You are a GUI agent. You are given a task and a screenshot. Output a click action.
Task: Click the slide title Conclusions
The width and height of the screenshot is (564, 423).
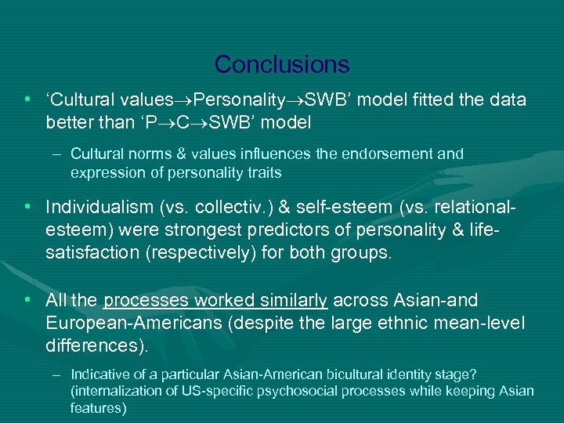[x=282, y=63]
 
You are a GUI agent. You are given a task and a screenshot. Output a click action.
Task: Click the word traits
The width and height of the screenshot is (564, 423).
[x=261, y=172]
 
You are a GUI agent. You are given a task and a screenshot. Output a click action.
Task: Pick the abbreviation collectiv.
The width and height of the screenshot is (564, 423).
[x=226, y=207]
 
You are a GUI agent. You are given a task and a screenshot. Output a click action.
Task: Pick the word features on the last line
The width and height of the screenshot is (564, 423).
[x=98, y=408]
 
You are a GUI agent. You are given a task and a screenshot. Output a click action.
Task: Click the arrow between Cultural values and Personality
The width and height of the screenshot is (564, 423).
[x=183, y=101]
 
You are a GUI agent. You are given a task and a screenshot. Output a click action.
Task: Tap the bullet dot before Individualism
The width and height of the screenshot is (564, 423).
[x=28, y=207]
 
